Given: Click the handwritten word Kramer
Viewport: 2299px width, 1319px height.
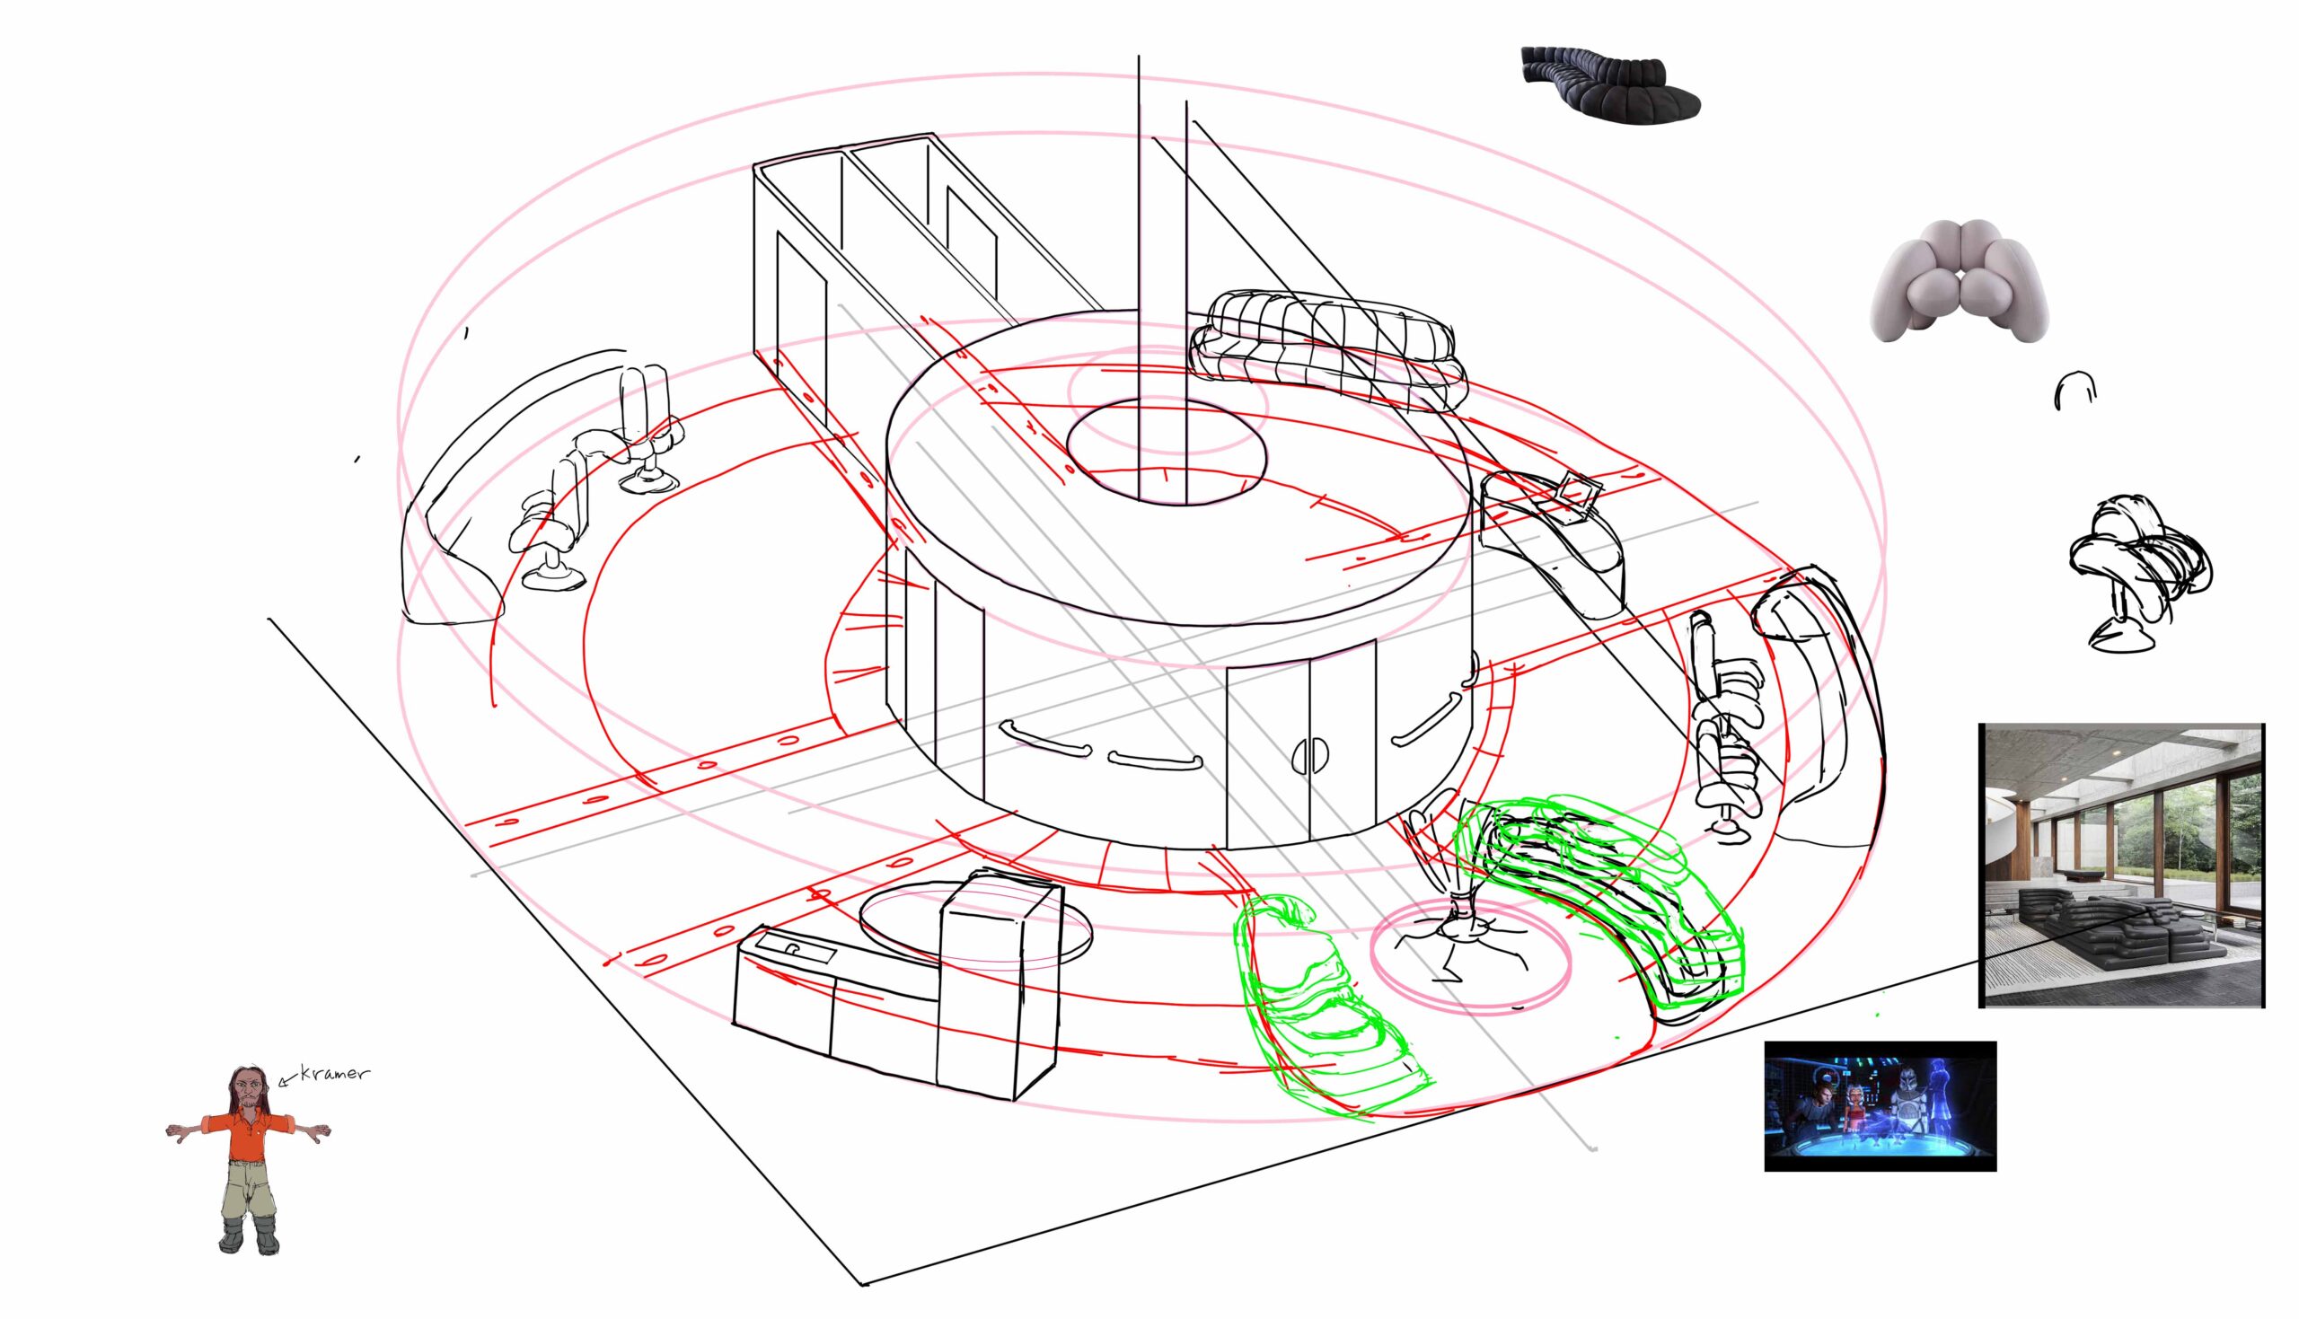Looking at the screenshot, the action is [334, 1074].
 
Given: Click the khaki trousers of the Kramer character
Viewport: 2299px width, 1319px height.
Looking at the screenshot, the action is [246, 1191].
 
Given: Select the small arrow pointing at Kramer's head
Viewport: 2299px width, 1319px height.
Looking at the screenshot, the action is [289, 1078].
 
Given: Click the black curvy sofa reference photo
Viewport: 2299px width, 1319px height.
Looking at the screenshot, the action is [1609, 82].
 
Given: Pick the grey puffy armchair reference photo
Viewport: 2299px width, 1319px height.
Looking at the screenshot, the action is [1960, 281].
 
